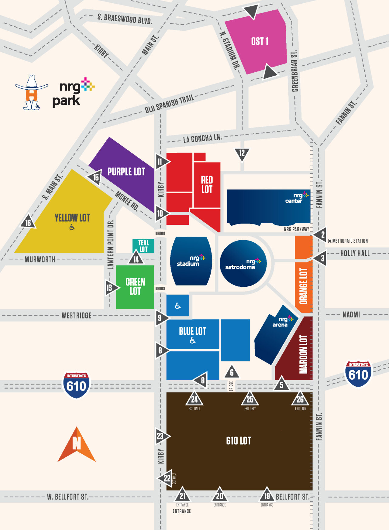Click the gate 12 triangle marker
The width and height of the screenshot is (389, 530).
click(242, 153)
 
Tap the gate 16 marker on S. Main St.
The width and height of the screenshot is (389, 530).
click(28, 222)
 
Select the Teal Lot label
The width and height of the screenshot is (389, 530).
click(143, 246)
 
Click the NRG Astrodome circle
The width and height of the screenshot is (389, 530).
click(243, 263)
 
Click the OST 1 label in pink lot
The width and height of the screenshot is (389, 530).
click(260, 41)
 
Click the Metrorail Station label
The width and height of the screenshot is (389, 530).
click(350, 241)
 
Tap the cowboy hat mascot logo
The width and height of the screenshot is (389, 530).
click(31, 92)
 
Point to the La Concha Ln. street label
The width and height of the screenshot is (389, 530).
click(202, 138)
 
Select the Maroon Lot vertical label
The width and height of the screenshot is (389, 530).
click(304, 354)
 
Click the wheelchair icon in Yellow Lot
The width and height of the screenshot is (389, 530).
click(72, 227)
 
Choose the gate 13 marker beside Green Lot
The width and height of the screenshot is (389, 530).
click(110, 288)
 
